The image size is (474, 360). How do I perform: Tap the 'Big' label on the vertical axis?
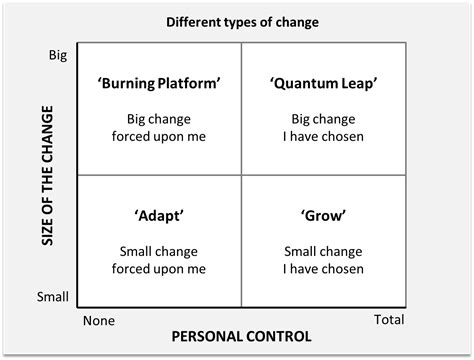click(x=57, y=56)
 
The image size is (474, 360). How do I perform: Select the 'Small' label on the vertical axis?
click(x=52, y=297)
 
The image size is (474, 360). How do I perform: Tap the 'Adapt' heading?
click(x=159, y=215)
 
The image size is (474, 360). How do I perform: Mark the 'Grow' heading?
click(x=323, y=215)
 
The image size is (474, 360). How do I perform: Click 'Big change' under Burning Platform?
click(x=159, y=118)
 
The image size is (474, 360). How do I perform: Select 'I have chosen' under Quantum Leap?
click(x=323, y=136)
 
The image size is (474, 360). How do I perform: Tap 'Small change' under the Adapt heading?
click(x=159, y=250)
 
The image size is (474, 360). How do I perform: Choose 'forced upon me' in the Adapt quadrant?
click(x=159, y=268)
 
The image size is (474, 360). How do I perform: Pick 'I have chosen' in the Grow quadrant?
click(x=323, y=268)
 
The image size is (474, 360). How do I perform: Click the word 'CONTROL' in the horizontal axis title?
click(x=277, y=337)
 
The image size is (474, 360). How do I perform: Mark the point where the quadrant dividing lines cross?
click(x=241, y=175)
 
